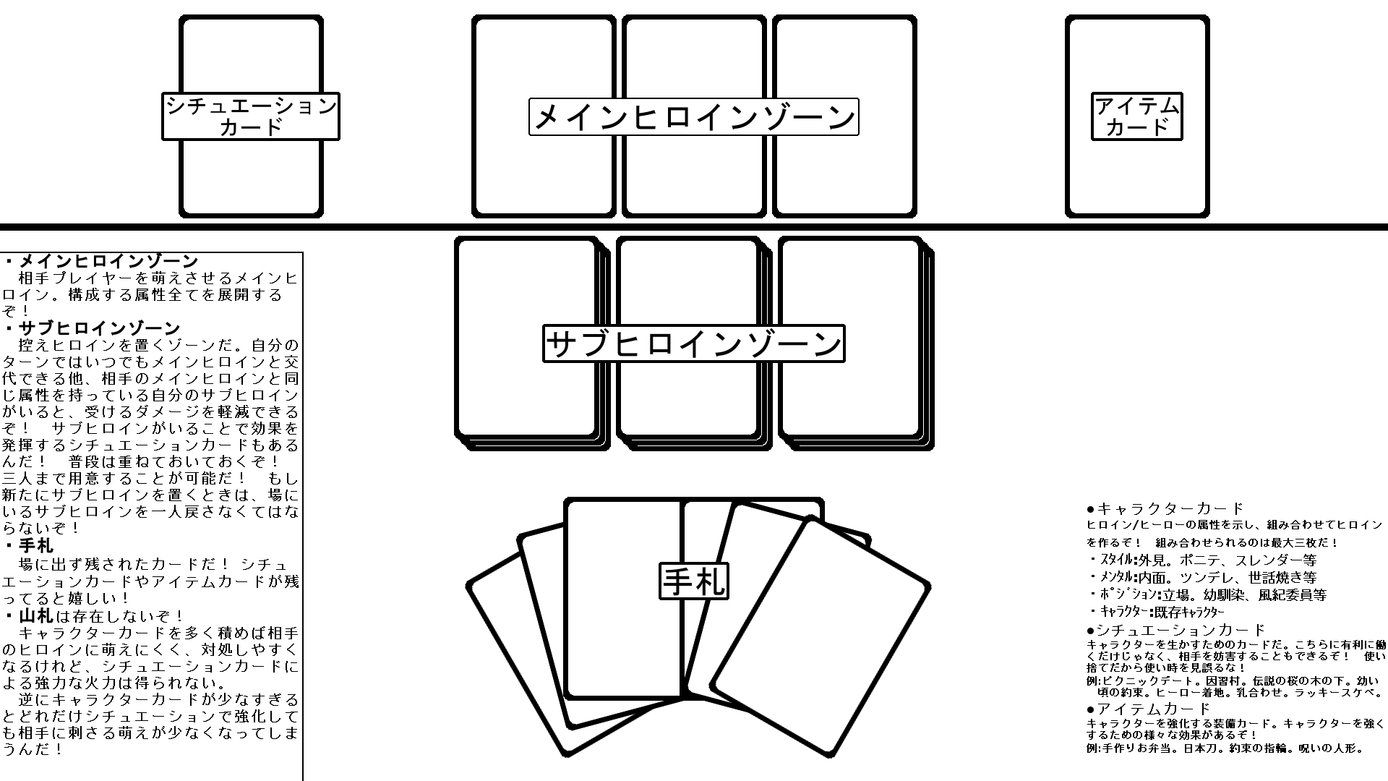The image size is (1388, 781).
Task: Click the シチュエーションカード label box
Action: (x=251, y=116)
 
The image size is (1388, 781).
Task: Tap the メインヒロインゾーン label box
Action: (x=693, y=117)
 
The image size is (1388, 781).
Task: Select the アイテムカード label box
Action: (x=1137, y=116)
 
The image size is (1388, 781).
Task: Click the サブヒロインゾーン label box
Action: (x=693, y=343)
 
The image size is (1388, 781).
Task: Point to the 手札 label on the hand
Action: (x=694, y=581)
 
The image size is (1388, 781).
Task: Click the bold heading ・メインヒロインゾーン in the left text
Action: (x=100, y=261)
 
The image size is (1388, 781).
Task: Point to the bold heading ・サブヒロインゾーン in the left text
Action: (x=92, y=328)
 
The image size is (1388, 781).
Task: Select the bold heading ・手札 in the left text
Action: (x=28, y=546)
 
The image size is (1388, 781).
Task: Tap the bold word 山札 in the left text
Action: (x=36, y=616)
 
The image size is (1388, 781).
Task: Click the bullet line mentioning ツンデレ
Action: (x=1202, y=578)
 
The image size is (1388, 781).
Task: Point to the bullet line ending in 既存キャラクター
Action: (x=1157, y=613)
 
